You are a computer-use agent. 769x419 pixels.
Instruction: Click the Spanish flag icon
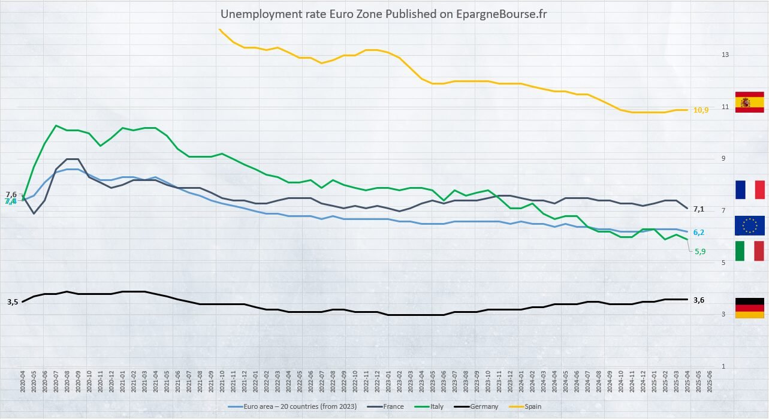pos(749,103)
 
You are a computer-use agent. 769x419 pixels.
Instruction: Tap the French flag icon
pos(749,189)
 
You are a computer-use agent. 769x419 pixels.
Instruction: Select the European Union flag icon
pos(749,225)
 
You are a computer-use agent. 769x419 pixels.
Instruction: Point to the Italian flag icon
pos(749,251)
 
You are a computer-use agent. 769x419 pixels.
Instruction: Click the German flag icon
pos(749,308)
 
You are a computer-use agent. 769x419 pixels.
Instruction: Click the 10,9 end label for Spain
pos(701,110)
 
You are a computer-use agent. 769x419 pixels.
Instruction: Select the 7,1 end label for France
pos(699,209)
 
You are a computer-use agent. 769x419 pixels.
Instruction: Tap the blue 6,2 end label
pos(699,233)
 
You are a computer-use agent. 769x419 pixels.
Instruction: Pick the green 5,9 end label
pos(700,252)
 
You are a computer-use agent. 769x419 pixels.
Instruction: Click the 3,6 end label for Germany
pos(699,300)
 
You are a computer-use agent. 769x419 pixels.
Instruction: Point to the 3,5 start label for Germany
pos(13,302)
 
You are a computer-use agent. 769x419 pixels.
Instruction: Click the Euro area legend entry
pos(293,406)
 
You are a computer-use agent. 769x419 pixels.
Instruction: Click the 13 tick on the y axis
pos(725,55)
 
